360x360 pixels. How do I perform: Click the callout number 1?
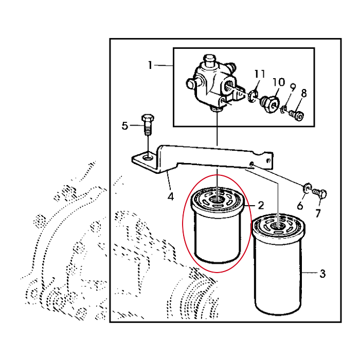(150, 65)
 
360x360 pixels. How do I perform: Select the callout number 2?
(261, 205)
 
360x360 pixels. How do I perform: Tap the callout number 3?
(322, 274)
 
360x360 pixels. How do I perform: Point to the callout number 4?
(171, 196)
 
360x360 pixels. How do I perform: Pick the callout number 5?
(124, 126)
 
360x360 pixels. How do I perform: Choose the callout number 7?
(318, 213)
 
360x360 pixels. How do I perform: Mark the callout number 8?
(303, 93)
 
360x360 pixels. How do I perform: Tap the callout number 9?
(293, 87)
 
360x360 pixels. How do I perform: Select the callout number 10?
(279, 82)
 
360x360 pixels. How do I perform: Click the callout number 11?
(260, 74)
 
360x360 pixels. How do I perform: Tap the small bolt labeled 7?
(319, 193)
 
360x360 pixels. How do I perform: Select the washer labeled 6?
(307, 188)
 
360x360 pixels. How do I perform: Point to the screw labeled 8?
(297, 115)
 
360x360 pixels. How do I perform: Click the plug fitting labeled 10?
(271, 104)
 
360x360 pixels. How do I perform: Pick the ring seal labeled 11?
(253, 96)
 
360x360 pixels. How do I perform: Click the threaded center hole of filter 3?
(278, 226)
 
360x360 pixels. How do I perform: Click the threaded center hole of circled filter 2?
(217, 199)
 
